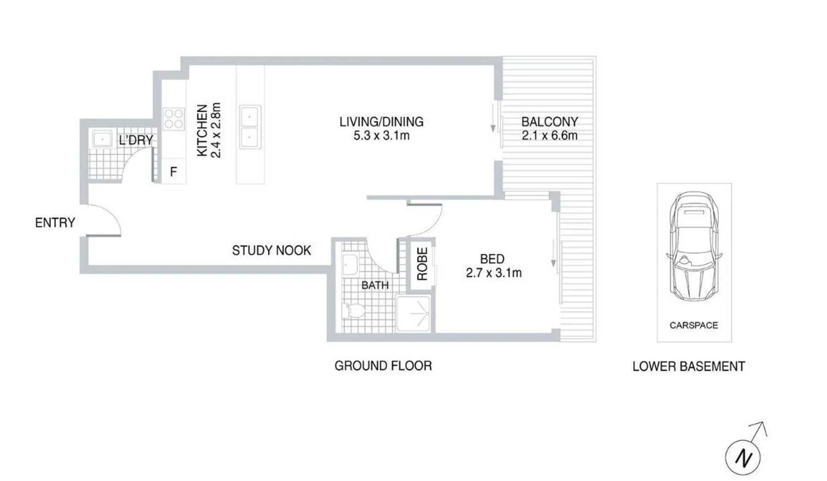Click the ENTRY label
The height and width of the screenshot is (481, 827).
55,223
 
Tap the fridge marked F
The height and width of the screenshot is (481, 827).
174,171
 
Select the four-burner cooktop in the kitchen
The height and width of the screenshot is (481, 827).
174,119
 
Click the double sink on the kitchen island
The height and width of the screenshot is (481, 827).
250,127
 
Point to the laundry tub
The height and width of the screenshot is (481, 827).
103,139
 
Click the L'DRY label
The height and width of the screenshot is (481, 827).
136,140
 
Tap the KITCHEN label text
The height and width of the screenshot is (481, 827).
202,130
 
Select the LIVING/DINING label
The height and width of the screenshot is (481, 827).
381,122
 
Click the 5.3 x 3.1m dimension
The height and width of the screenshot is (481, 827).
381,136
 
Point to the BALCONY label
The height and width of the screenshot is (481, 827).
550,122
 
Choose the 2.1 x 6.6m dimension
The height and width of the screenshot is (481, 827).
550,136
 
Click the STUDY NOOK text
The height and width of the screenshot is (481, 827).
271,250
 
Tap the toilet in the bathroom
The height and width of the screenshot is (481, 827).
353,311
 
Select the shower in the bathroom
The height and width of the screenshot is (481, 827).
413,313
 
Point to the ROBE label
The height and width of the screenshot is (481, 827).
422,264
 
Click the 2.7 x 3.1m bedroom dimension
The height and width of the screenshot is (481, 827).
494,273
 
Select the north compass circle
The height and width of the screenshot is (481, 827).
743,458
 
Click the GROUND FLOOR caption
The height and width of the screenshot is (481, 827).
383,366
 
